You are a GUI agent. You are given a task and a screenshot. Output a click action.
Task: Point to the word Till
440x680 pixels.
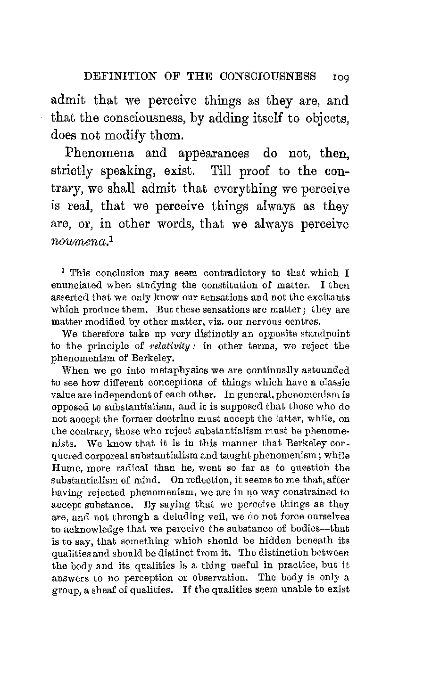(221, 171)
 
